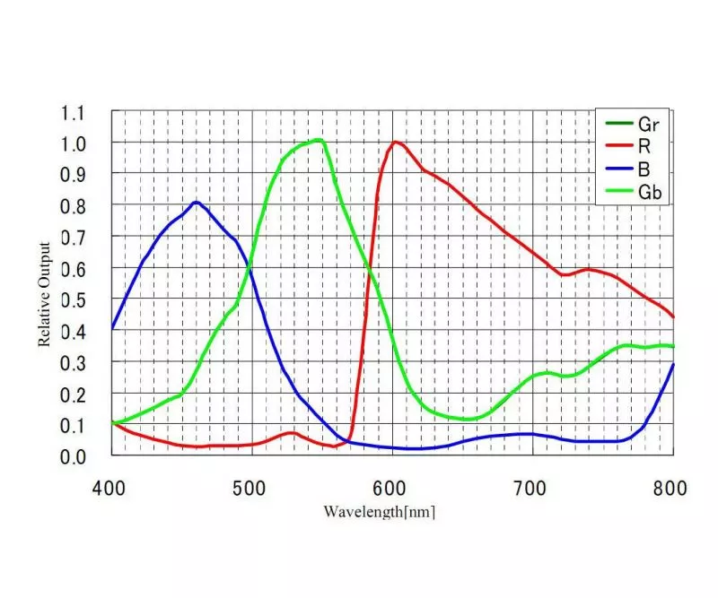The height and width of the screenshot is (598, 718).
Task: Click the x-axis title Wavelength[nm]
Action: coord(380,512)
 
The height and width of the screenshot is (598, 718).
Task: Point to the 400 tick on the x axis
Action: coord(111,489)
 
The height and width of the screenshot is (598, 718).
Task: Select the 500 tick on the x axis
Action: coord(251,489)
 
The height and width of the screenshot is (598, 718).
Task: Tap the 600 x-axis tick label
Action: coord(392,489)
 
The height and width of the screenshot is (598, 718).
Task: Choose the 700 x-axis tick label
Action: coord(532,489)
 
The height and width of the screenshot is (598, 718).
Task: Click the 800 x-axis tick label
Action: coord(670,489)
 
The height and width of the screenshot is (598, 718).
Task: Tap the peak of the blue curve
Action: coord(195,202)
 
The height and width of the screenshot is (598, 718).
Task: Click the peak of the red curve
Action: coord(394,142)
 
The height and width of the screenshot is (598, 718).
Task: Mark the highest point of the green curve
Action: coord(318,139)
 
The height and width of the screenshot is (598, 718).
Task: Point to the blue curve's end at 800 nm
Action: coord(673,363)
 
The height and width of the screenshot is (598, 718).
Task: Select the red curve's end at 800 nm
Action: coord(673,316)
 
